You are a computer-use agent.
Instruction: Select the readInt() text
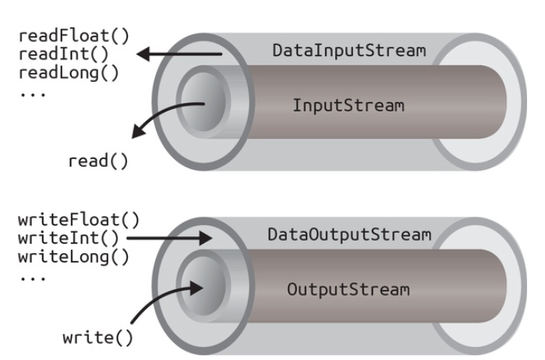(48, 54)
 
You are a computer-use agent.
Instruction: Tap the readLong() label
(52, 72)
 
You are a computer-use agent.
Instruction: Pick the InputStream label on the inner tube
(349, 105)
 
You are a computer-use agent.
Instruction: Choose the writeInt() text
(53, 238)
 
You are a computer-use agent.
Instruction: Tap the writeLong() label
(57, 256)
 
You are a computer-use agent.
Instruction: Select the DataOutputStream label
(349, 235)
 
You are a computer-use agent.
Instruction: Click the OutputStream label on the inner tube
(348, 289)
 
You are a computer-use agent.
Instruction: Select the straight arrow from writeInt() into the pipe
(171, 238)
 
